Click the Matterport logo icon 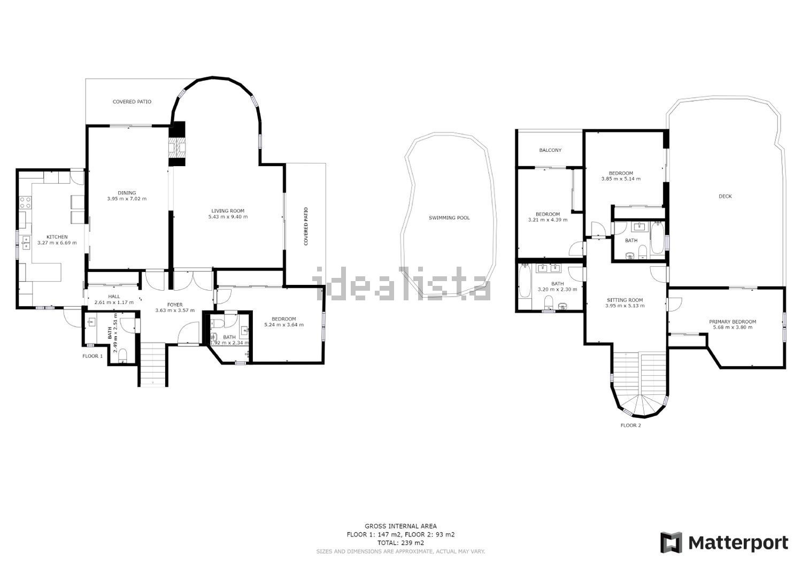(672, 542)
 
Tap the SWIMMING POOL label (449, 218)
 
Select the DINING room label (127, 193)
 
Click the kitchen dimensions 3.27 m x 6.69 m (57, 243)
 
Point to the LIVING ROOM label (228, 211)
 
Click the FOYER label (175, 305)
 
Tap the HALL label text (114, 297)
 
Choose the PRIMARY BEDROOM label (732, 322)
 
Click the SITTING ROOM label (625, 300)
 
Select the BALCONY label (550, 150)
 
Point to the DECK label (725, 196)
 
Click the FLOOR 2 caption (630, 425)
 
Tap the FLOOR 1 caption (92, 356)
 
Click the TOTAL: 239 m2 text (400, 542)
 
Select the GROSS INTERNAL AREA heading (400, 526)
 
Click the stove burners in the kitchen (25, 203)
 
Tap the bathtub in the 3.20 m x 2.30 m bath (525, 281)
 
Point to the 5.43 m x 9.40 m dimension (228, 216)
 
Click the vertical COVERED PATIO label (306, 226)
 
